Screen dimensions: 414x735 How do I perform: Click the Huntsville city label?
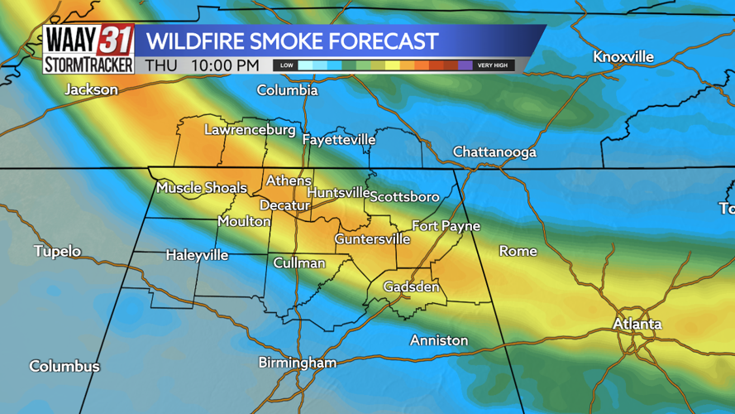click(x=338, y=193)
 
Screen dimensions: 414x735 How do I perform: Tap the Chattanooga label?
click(x=494, y=152)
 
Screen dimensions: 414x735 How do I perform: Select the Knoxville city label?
click(x=623, y=57)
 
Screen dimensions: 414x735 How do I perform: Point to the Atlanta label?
click(x=637, y=324)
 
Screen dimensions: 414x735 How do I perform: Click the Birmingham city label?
click(x=298, y=363)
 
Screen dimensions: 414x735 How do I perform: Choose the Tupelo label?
click(x=58, y=251)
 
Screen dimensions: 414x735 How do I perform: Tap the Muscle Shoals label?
click(x=202, y=188)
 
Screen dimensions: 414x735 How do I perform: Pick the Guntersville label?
click(x=372, y=239)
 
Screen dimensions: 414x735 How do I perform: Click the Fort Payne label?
click(x=446, y=226)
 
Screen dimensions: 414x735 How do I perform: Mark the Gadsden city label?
click(x=411, y=287)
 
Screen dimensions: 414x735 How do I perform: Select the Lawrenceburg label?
click(x=250, y=130)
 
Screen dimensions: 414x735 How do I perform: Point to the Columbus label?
click(x=64, y=366)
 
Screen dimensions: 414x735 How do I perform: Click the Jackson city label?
click(x=91, y=89)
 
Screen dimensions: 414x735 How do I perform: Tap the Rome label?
click(x=518, y=251)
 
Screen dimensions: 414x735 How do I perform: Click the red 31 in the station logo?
click(x=116, y=40)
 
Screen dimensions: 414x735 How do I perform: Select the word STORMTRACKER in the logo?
click(x=88, y=65)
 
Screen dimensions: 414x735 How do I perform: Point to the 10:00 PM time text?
click(x=224, y=65)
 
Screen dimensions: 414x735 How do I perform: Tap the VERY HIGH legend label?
click(x=493, y=65)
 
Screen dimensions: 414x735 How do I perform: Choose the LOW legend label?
click(x=286, y=65)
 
